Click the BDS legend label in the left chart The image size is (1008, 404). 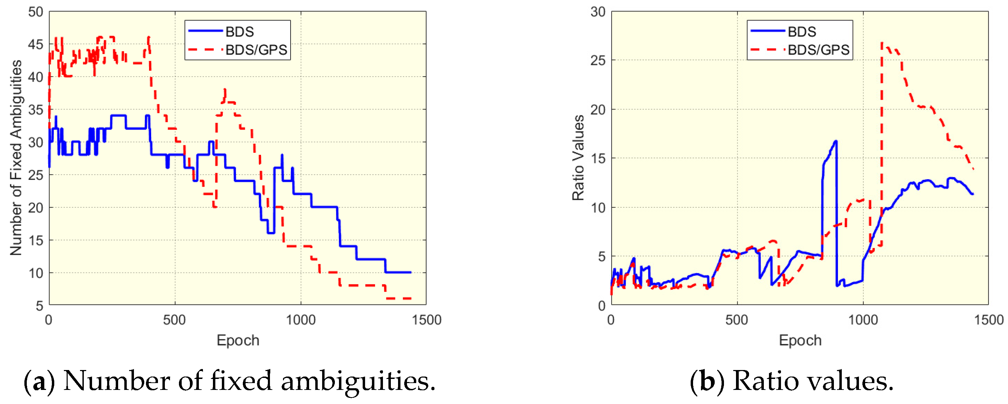[x=239, y=32]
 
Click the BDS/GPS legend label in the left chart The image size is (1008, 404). [x=256, y=50]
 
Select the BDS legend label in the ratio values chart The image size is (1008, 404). [x=802, y=32]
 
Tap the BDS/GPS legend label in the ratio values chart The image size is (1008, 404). [x=819, y=50]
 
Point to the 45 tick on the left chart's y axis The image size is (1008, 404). [x=35, y=45]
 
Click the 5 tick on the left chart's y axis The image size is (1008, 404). [x=39, y=305]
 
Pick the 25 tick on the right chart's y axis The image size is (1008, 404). [x=598, y=61]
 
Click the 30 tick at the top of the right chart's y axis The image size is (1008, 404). [x=598, y=12]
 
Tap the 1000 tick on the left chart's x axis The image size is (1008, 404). [x=301, y=320]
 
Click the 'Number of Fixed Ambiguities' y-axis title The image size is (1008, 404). [x=16, y=158]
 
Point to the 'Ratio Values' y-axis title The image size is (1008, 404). [x=578, y=158]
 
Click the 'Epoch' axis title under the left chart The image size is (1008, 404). [x=238, y=340]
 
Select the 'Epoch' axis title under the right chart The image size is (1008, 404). [x=800, y=340]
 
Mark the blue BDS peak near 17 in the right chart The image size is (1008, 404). [x=836, y=141]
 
